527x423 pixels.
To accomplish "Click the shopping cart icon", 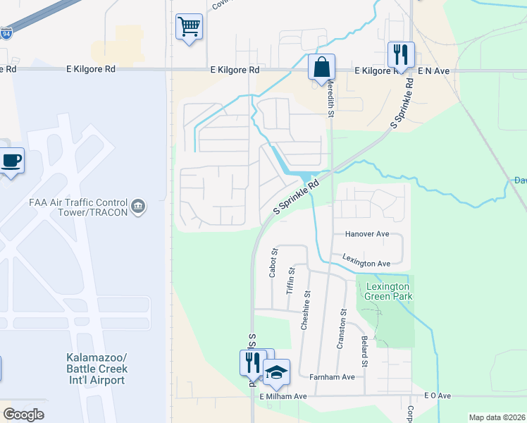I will [x=188, y=27].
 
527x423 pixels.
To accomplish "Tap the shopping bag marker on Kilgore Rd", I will [x=321, y=68].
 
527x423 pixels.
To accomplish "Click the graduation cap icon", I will [x=276, y=372].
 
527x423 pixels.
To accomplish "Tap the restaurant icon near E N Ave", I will [x=399, y=54].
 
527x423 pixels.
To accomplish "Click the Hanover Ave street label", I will [x=367, y=233].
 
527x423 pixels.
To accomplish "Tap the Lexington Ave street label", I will [x=366, y=263].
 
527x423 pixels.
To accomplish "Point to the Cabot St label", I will [x=274, y=262].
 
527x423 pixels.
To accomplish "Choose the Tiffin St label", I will [x=290, y=280].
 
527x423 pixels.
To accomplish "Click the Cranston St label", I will [x=343, y=321].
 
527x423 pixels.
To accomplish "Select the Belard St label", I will [x=365, y=352].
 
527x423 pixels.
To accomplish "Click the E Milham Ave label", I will [x=283, y=396].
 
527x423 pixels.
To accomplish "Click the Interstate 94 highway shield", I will [x=6, y=32].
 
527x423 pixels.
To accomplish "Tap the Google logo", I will [x=23, y=415].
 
